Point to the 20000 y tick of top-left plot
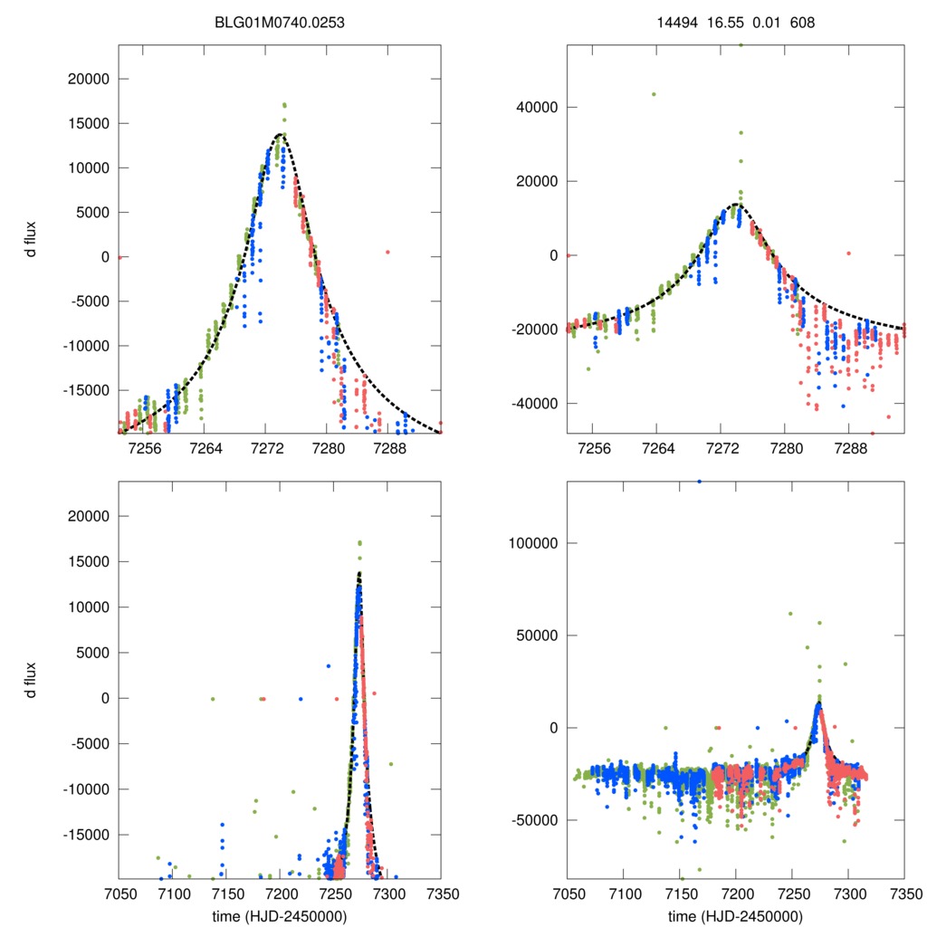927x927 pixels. (x=90, y=79)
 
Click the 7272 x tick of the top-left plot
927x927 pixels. (x=265, y=448)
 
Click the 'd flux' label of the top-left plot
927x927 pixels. (x=31, y=237)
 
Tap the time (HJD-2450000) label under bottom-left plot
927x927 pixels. (x=280, y=915)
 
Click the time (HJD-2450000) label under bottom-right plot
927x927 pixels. (x=735, y=915)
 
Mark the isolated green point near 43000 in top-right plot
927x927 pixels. (x=654, y=94)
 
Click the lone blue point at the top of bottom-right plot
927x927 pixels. (x=699, y=482)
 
